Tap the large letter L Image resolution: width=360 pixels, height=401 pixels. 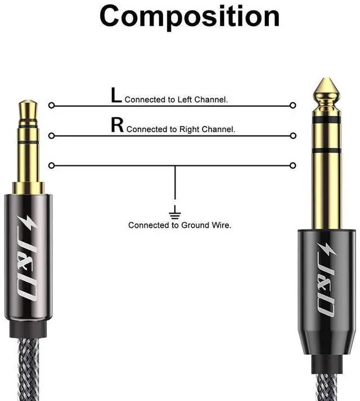pyautogui.click(x=116, y=96)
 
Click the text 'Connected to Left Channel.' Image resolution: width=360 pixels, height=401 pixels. pyautogui.click(x=176, y=100)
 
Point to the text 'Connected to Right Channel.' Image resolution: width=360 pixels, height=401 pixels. pyautogui.click(x=181, y=129)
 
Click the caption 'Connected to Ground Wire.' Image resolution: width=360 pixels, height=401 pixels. pyautogui.click(x=179, y=225)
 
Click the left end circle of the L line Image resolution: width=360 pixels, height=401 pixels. pyautogui.click(x=52, y=105)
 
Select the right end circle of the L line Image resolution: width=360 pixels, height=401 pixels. pyautogui.click(x=292, y=105)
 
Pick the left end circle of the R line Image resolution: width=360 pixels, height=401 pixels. pyautogui.click(x=52, y=136)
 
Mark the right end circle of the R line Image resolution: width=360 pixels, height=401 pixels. pyautogui.click(x=292, y=136)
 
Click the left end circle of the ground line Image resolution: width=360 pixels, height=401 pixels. pyautogui.click(x=52, y=165)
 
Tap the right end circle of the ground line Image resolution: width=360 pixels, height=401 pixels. pyautogui.click(x=292, y=165)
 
